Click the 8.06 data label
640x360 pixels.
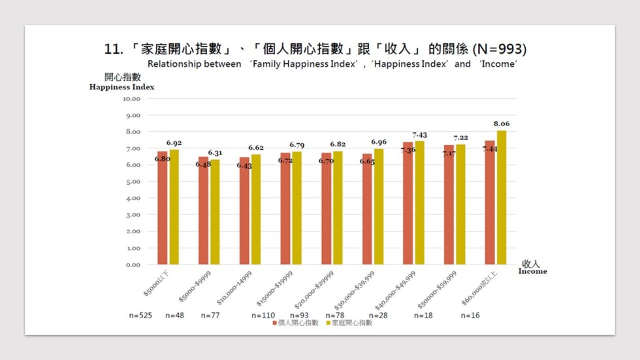click(501, 123)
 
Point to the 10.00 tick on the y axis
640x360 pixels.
click(131, 99)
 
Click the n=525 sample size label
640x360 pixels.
click(140, 316)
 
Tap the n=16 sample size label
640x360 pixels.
click(471, 316)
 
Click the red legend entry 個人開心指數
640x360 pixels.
click(298, 323)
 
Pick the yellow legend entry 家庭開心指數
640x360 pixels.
click(351, 323)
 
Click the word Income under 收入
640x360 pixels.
click(533, 271)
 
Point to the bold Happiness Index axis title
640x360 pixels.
click(122, 87)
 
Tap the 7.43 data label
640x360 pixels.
click(419, 135)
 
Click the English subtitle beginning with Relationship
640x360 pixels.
click(327, 64)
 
